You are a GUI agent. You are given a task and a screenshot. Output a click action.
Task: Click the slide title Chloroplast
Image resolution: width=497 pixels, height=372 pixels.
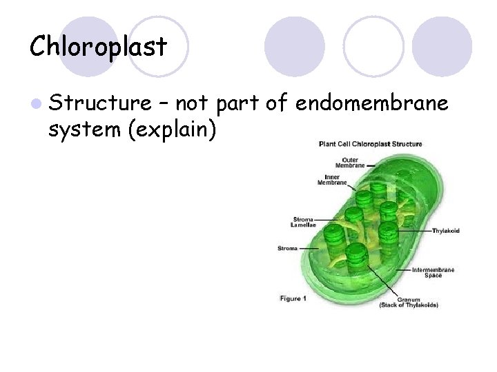click(98, 47)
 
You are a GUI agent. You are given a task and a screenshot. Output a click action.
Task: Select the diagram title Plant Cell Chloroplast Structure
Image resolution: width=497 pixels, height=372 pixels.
click(370, 144)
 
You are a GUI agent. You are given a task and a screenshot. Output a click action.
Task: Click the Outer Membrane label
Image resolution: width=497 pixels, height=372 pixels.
click(350, 163)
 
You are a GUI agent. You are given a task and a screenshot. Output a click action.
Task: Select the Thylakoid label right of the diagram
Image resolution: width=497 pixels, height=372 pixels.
click(446, 231)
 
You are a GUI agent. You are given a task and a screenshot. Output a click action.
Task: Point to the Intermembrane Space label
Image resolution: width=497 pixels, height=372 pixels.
click(433, 272)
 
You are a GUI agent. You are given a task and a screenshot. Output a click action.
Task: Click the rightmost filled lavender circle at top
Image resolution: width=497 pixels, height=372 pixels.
click(442, 46)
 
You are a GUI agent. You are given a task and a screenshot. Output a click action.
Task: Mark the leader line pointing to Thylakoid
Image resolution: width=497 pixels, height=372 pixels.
click(414, 230)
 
